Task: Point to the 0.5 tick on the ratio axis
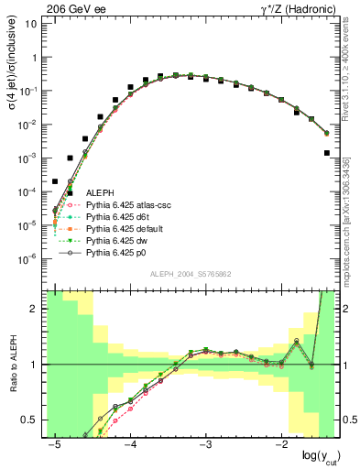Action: pyautogui.click(x=31, y=420)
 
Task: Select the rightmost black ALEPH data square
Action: pyautogui.click(x=327, y=153)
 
